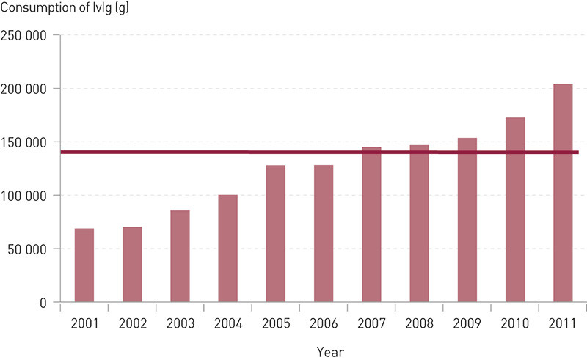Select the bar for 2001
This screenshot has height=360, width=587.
(x=84, y=265)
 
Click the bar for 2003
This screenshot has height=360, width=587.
(x=180, y=257)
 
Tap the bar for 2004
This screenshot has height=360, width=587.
(x=227, y=249)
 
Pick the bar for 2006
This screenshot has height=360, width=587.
(x=324, y=234)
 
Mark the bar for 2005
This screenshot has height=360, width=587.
(x=276, y=234)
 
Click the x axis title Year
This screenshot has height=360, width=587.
(x=330, y=352)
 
